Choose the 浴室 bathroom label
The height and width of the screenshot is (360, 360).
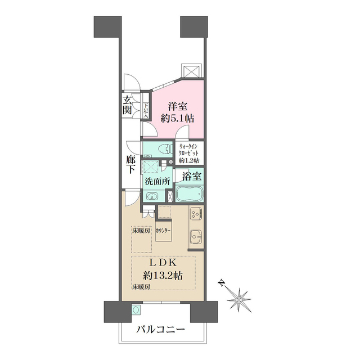tap(189, 176)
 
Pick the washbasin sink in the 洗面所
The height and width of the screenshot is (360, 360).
tap(152, 196)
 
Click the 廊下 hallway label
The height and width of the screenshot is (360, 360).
tap(130, 164)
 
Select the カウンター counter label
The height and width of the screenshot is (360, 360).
tap(163, 231)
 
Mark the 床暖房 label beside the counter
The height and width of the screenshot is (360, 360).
tap(141, 231)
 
